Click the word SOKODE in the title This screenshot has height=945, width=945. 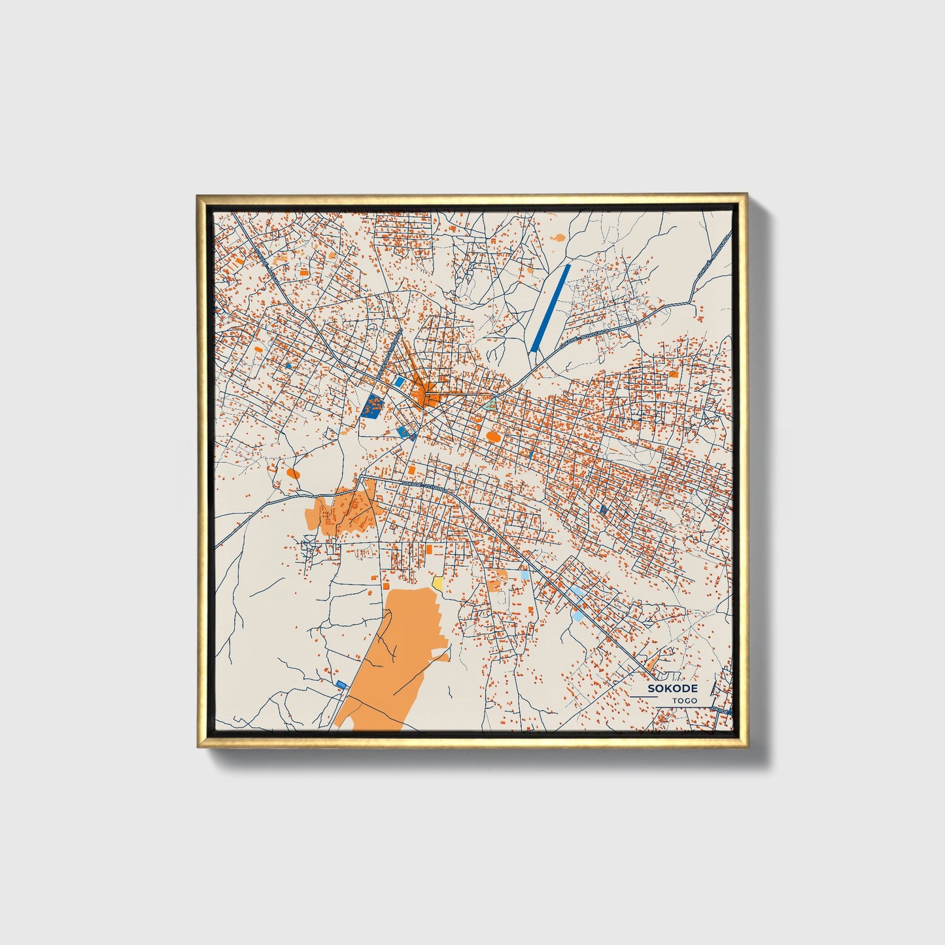pyautogui.click(x=673, y=689)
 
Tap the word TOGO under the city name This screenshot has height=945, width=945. pyautogui.click(x=685, y=700)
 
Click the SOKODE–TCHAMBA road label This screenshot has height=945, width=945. pyautogui.click(x=423, y=485)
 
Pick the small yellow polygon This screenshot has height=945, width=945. pyautogui.click(x=438, y=582)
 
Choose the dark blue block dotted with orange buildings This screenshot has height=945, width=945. pyautogui.click(x=373, y=406)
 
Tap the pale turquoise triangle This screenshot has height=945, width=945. pyautogui.click(x=491, y=405)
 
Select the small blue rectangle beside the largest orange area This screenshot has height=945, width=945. pyautogui.click(x=341, y=684)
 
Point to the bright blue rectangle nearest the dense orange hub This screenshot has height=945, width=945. pyautogui.click(x=398, y=381)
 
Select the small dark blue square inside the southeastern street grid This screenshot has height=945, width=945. pyautogui.click(x=603, y=509)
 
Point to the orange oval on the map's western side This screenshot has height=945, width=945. pyautogui.click(x=293, y=472)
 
